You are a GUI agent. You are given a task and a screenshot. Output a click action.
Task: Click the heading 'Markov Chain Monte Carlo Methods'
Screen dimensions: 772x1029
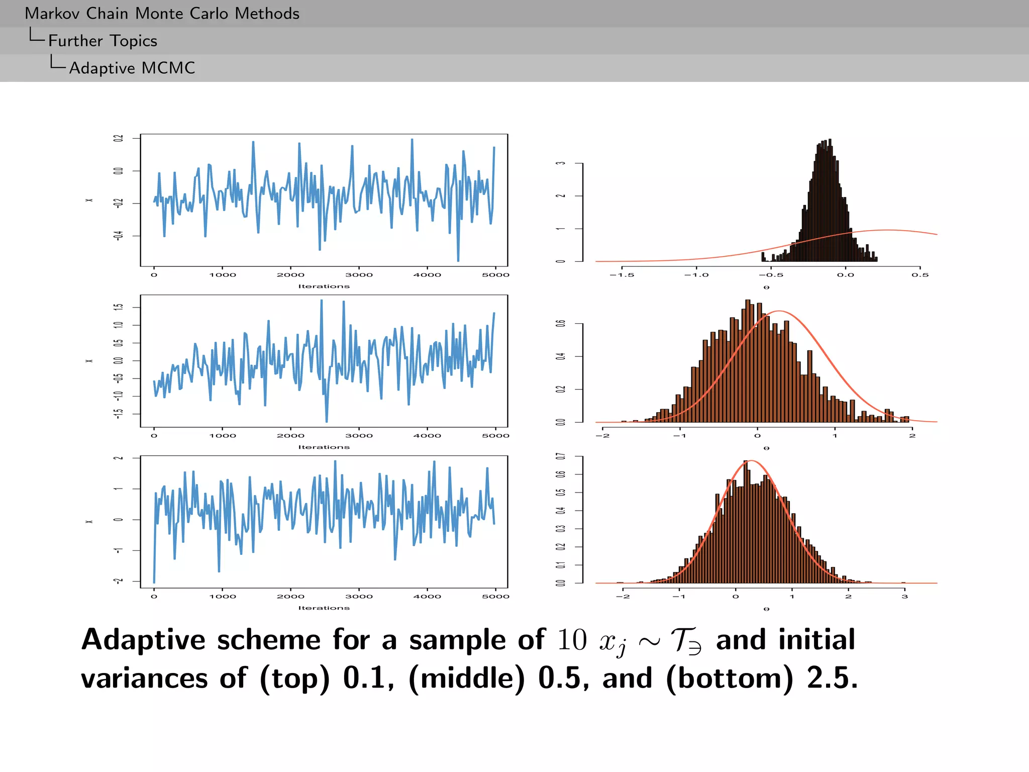(x=162, y=14)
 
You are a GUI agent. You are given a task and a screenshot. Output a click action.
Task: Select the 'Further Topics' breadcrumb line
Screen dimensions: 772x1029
(x=102, y=41)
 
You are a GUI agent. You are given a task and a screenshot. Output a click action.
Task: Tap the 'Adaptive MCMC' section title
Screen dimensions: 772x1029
(x=132, y=68)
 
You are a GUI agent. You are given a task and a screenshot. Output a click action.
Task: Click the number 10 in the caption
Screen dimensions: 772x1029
(x=572, y=640)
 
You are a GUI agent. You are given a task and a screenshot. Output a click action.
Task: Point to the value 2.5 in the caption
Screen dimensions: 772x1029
(x=832, y=679)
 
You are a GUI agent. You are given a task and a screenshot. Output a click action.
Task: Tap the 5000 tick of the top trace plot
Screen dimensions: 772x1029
(x=495, y=275)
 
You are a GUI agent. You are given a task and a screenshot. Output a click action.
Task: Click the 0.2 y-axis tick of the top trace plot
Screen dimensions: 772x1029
(x=119, y=138)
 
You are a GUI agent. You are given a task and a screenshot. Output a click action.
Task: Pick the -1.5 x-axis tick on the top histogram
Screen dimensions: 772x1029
(x=622, y=275)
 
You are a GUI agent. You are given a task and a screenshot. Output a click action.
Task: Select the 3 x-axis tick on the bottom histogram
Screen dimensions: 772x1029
(x=904, y=597)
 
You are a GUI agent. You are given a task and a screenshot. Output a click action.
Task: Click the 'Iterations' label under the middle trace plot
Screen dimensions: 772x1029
(x=324, y=447)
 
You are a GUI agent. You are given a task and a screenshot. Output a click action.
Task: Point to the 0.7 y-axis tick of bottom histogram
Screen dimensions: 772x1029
(x=561, y=456)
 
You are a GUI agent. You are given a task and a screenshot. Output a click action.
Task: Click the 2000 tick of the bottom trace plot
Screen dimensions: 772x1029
(x=290, y=597)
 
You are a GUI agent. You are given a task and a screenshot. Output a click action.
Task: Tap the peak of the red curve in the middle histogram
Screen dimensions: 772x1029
(x=778, y=311)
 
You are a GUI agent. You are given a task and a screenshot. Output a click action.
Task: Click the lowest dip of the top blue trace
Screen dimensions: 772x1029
(x=458, y=261)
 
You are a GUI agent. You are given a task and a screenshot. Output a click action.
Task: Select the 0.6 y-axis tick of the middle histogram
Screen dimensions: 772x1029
(x=561, y=323)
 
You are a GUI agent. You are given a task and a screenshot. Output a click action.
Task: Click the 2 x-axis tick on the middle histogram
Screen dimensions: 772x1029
(x=912, y=436)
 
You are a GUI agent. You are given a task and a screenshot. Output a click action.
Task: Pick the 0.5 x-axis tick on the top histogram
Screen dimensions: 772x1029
(x=920, y=275)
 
